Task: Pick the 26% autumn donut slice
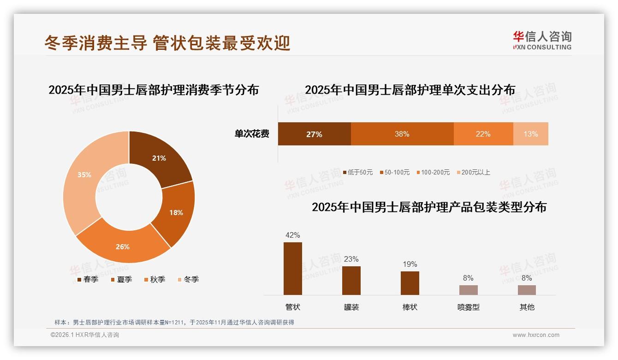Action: coord(123,245)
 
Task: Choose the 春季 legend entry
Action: coord(87,279)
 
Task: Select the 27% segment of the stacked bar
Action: coord(314,134)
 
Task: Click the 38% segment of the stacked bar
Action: coord(402,134)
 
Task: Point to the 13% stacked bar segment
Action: coord(530,134)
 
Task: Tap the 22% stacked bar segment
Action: coord(483,134)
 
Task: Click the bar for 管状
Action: coord(293,269)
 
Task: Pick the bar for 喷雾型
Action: coord(468,290)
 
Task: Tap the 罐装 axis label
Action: coord(351,307)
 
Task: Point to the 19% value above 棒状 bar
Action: coord(410,264)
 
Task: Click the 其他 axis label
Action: coord(527,307)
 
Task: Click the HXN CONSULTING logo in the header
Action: coord(542,41)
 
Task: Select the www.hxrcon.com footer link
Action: coord(536,335)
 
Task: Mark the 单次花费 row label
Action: coord(252,134)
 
